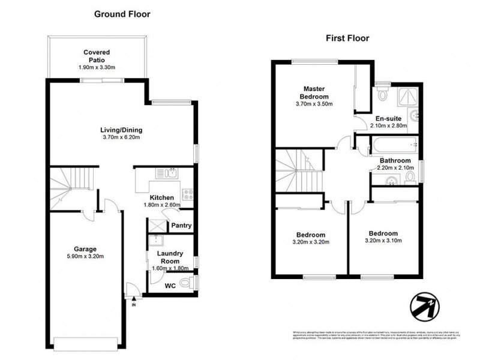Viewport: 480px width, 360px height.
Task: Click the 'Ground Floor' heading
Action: tap(122, 13)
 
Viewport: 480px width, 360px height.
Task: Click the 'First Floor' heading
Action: tap(347, 38)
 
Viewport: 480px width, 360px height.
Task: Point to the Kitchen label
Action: tap(162, 197)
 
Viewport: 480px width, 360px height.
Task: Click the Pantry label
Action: tap(181, 226)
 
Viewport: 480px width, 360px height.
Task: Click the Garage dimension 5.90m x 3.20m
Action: tap(85, 257)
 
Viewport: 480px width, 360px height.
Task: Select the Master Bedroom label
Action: tap(314, 93)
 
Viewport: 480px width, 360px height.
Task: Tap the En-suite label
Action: tap(388, 118)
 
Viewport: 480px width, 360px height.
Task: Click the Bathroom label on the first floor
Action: tap(394, 160)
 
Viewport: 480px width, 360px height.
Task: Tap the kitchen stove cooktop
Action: tap(187, 194)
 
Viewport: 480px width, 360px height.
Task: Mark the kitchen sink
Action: tap(164, 174)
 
